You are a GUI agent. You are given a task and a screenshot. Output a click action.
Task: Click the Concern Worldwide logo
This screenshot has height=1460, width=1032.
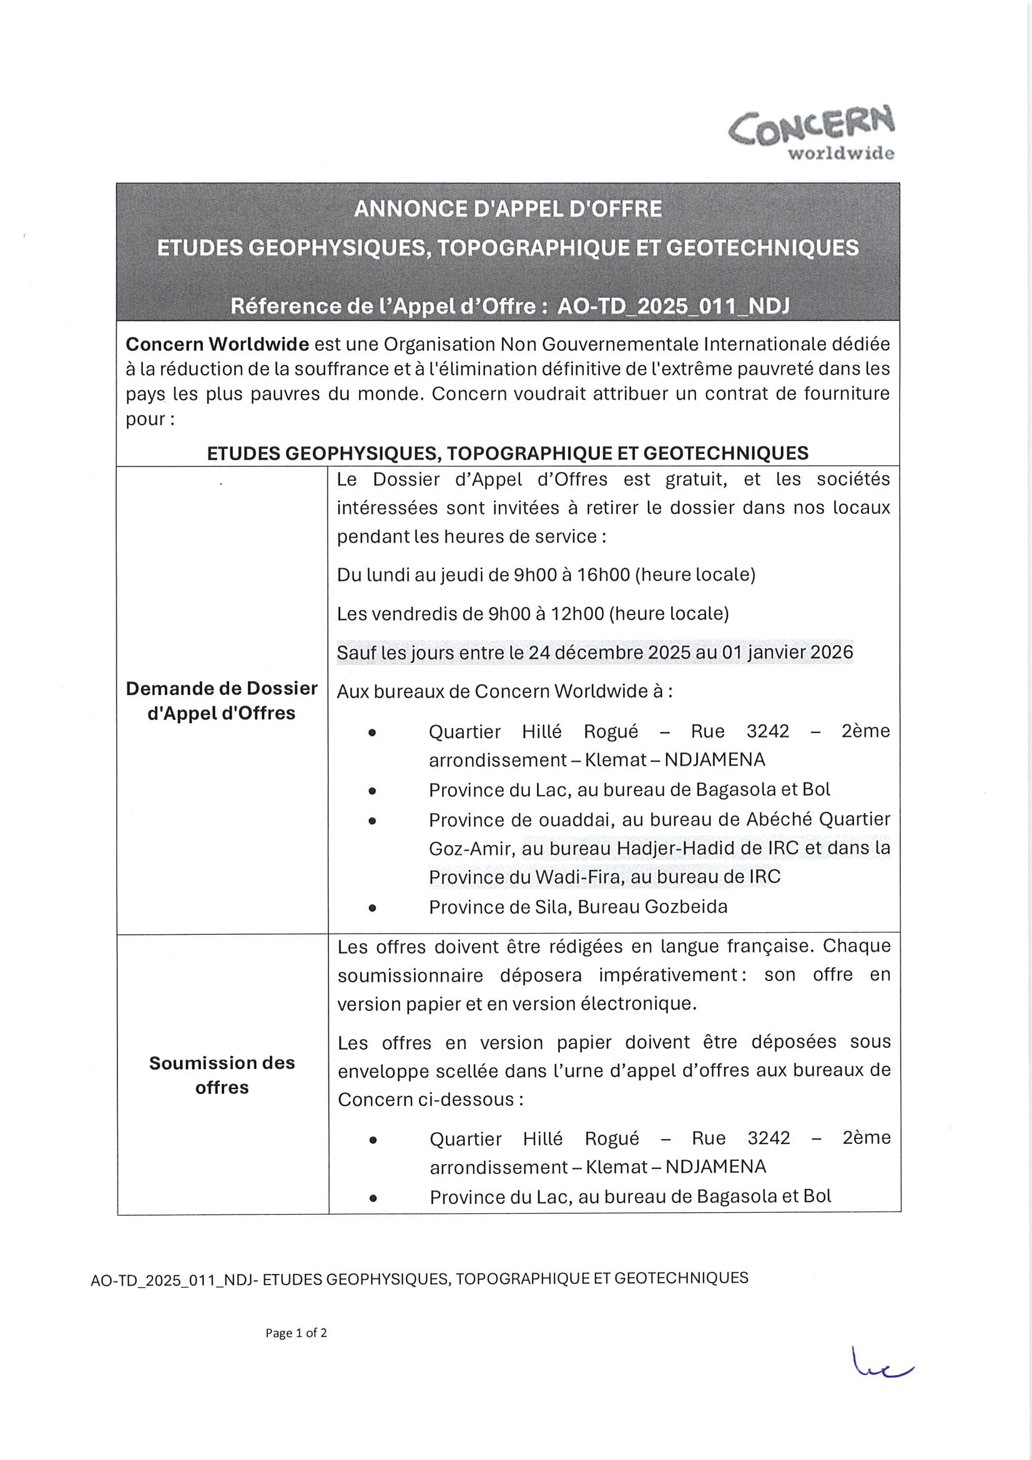pyautogui.click(x=812, y=133)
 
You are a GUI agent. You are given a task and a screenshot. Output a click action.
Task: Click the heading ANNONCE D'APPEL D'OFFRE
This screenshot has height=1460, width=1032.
pyautogui.click(x=508, y=209)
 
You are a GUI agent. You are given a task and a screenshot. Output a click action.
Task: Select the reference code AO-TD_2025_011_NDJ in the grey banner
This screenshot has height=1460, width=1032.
pyautogui.click(x=674, y=307)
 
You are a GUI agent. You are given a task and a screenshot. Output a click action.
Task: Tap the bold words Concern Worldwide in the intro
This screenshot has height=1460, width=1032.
pyautogui.click(x=217, y=345)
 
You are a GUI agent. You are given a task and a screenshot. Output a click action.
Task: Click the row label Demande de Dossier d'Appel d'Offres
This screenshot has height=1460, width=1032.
pyautogui.click(x=221, y=701)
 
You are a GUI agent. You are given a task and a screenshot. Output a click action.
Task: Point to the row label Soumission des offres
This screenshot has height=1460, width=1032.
pyautogui.click(x=222, y=1075)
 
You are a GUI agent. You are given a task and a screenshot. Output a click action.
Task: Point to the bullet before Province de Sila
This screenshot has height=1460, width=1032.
pyautogui.click(x=372, y=908)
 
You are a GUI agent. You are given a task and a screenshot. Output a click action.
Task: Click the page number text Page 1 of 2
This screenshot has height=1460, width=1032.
pyautogui.click(x=296, y=1333)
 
